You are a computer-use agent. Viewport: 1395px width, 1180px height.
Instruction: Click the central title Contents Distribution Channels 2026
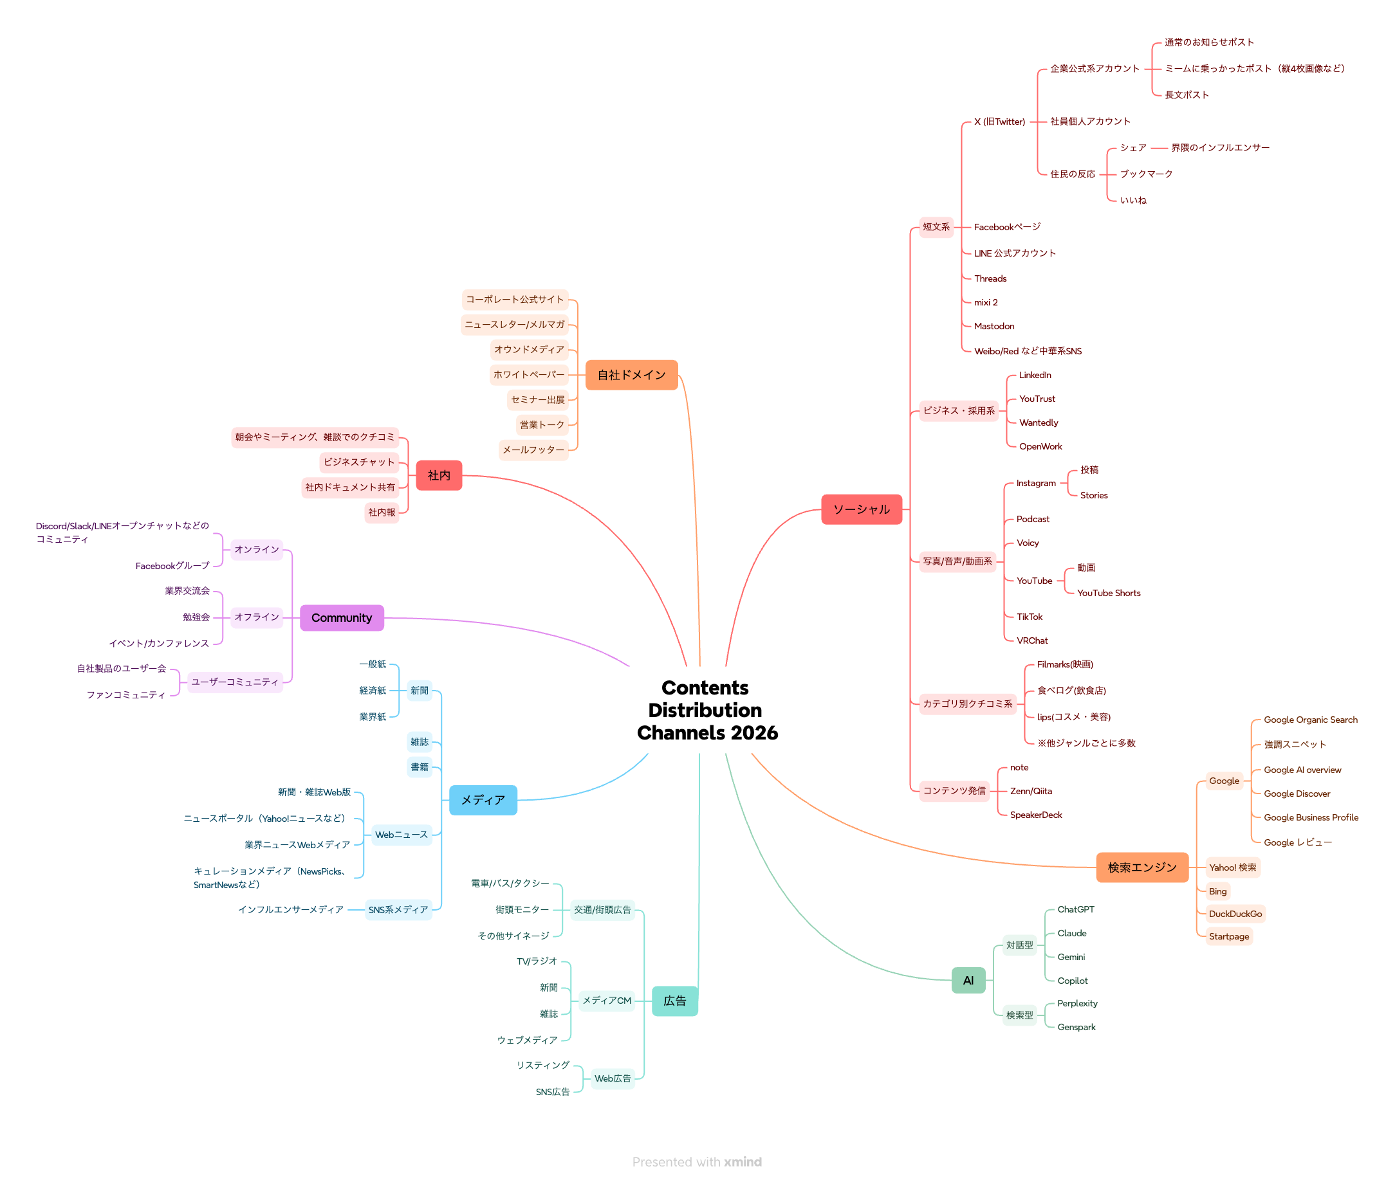pyautogui.click(x=707, y=710)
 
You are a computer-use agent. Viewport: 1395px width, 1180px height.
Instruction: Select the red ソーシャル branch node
pyautogui.click(x=861, y=509)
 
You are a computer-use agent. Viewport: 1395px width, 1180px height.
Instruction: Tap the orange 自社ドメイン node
pyautogui.click(x=631, y=375)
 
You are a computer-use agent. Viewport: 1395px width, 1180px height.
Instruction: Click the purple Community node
pyautogui.click(x=342, y=617)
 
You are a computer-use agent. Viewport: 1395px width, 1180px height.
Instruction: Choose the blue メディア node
pyautogui.click(x=483, y=799)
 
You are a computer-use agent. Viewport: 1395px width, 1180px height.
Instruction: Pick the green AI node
pyautogui.click(x=968, y=980)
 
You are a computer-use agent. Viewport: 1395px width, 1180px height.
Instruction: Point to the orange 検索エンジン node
pyautogui.click(x=1141, y=867)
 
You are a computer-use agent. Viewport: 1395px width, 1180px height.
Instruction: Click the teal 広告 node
pyautogui.click(x=674, y=1001)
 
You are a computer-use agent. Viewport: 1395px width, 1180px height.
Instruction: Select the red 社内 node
pyautogui.click(x=438, y=475)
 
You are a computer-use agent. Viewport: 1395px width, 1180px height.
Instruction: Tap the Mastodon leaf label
pyautogui.click(x=993, y=327)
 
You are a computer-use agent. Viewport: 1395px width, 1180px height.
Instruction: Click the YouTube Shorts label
pyautogui.click(x=1108, y=593)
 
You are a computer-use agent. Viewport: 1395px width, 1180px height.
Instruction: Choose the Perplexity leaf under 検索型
pyautogui.click(x=1076, y=1003)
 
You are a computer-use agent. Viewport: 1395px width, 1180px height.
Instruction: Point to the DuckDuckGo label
pyautogui.click(x=1234, y=914)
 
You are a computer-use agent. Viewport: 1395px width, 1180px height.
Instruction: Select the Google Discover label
pyautogui.click(x=1296, y=794)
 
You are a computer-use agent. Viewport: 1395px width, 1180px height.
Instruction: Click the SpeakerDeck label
pyautogui.click(x=1035, y=815)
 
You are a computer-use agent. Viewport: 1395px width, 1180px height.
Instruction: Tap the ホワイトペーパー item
pyautogui.click(x=528, y=375)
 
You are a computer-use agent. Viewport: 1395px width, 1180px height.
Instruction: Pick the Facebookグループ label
pyautogui.click(x=172, y=566)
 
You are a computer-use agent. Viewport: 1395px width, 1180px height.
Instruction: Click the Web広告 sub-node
pyautogui.click(x=612, y=1078)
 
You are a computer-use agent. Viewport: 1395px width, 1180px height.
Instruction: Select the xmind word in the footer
pyautogui.click(x=743, y=1162)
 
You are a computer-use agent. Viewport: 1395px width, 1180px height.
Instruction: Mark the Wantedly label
pyautogui.click(x=1039, y=422)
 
